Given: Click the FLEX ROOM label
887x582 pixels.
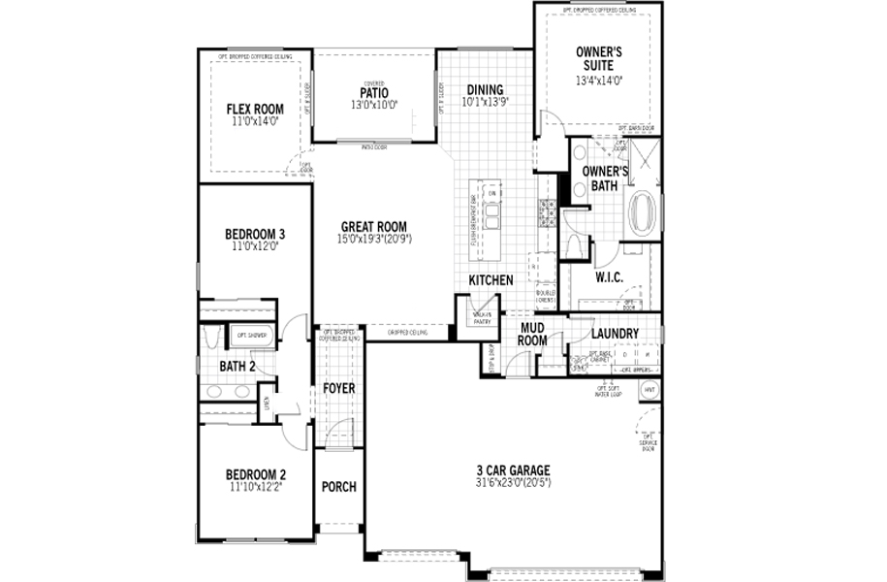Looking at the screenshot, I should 255,109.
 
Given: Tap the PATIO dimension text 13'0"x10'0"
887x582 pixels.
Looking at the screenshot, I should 373,104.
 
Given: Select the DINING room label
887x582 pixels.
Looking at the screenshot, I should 486,89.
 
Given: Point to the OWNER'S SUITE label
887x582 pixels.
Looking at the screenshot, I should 598,57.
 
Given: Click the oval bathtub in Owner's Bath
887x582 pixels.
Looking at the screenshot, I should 643,213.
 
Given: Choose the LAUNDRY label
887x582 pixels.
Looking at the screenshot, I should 616,334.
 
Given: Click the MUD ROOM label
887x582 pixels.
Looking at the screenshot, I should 534,334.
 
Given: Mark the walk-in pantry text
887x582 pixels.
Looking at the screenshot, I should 483,316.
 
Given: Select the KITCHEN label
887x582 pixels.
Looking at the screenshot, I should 491,280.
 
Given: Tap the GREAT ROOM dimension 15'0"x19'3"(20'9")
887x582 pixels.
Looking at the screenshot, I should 375,238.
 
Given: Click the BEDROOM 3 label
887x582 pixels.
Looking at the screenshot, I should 255,234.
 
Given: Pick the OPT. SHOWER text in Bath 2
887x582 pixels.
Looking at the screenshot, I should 254,336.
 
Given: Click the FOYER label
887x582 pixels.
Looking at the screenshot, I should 339,389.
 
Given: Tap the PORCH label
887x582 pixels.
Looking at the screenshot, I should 338,487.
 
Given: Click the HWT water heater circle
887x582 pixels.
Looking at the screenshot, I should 649,390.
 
